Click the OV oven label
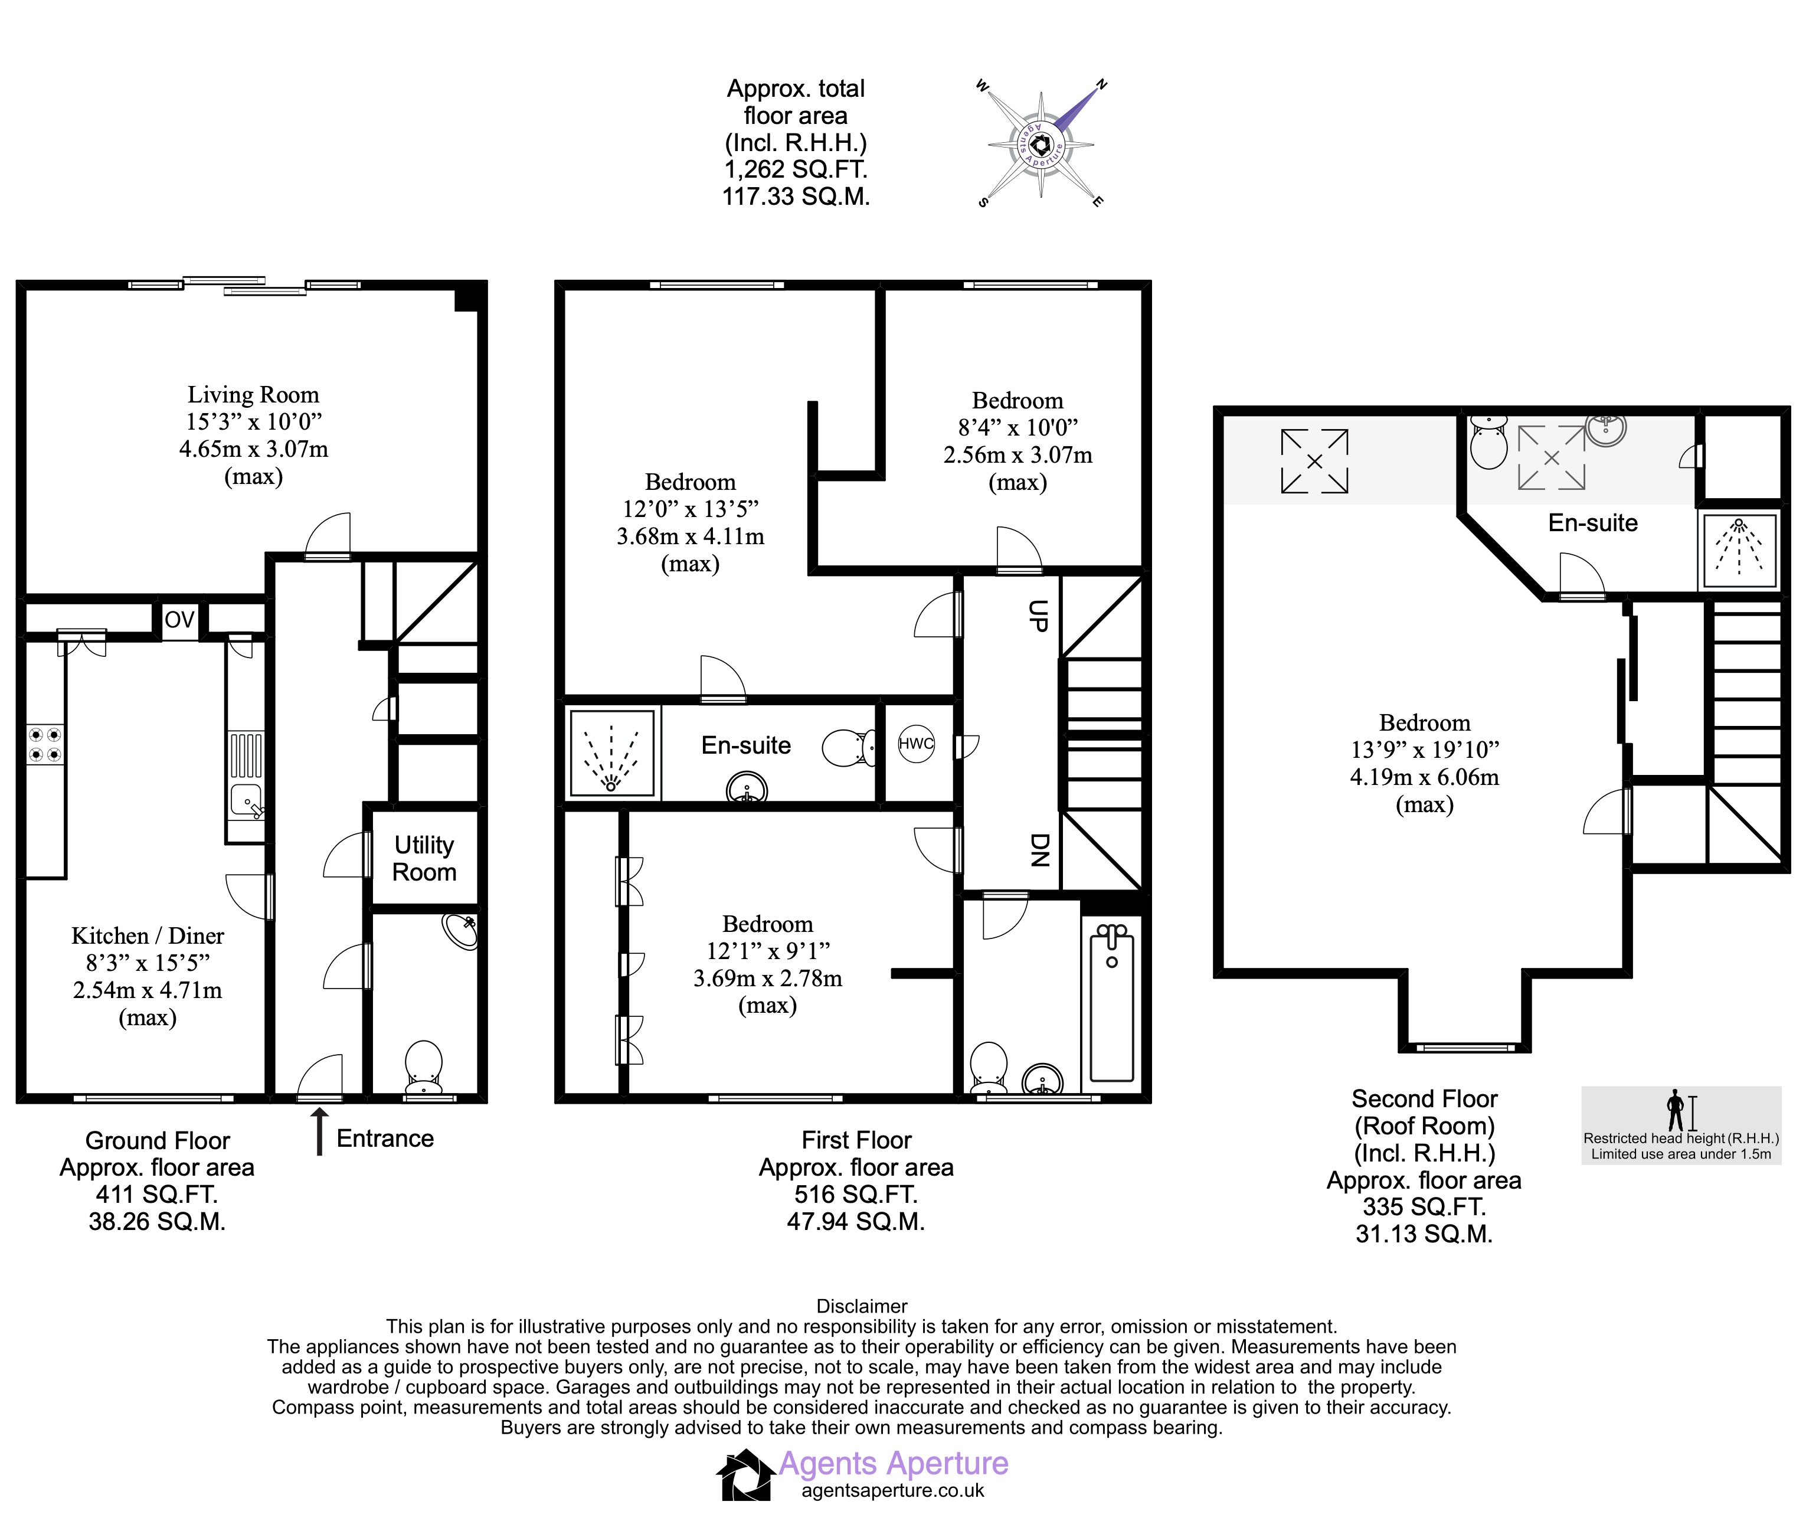coord(180,620)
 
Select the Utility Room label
coord(424,858)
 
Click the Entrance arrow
coord(319,1131)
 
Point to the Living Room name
coord(254,395)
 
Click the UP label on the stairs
coord(1039,616)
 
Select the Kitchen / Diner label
coord(148,936)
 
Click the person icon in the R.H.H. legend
coord(1674,1110)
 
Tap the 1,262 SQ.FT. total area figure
coord(796,169)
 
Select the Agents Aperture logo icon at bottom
coord(745,1475)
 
